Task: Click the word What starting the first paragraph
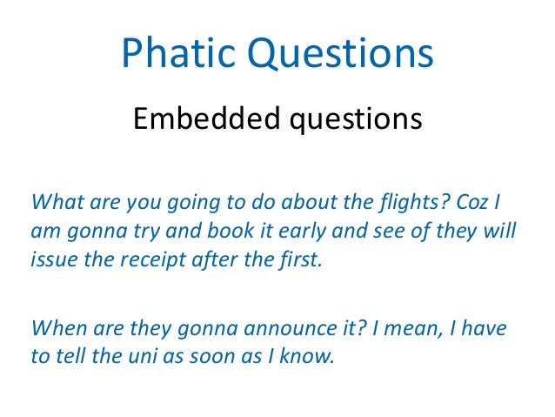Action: point(55,203)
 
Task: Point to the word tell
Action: point(69,358)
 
